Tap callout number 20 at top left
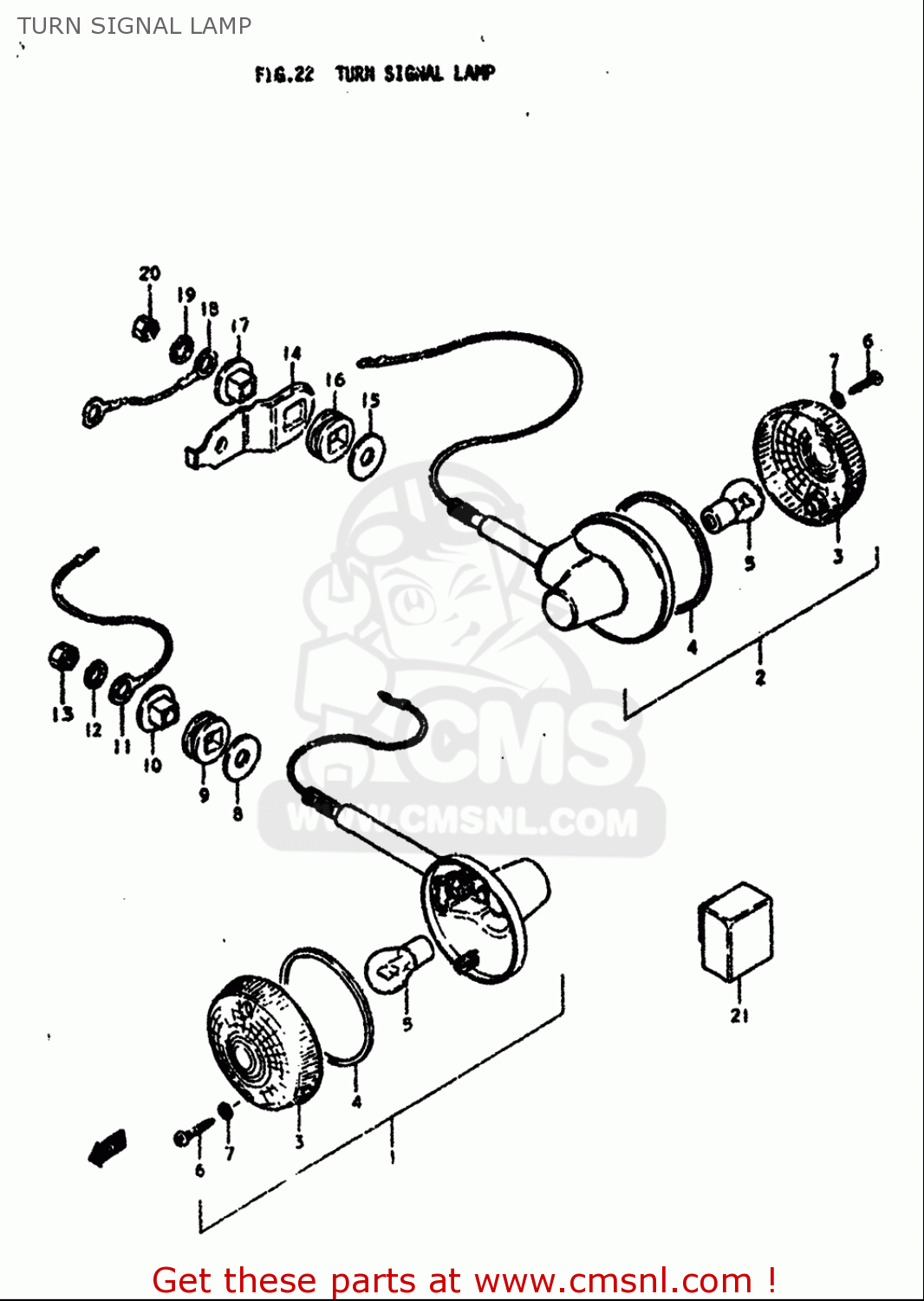pyautogui.click(x=150, y=274)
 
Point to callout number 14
pyautogui.click(x=292, y=354)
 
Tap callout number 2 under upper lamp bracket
pyautogui.click(x=760, y=677)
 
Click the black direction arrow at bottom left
pyautogui.click(x=107, y=1150)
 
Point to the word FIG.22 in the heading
pyautogui.click(x=284, y=75)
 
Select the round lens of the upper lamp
pyautogui.click(x=810, y=461)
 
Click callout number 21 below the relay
pyautogui.click(x=739, y=1016)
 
